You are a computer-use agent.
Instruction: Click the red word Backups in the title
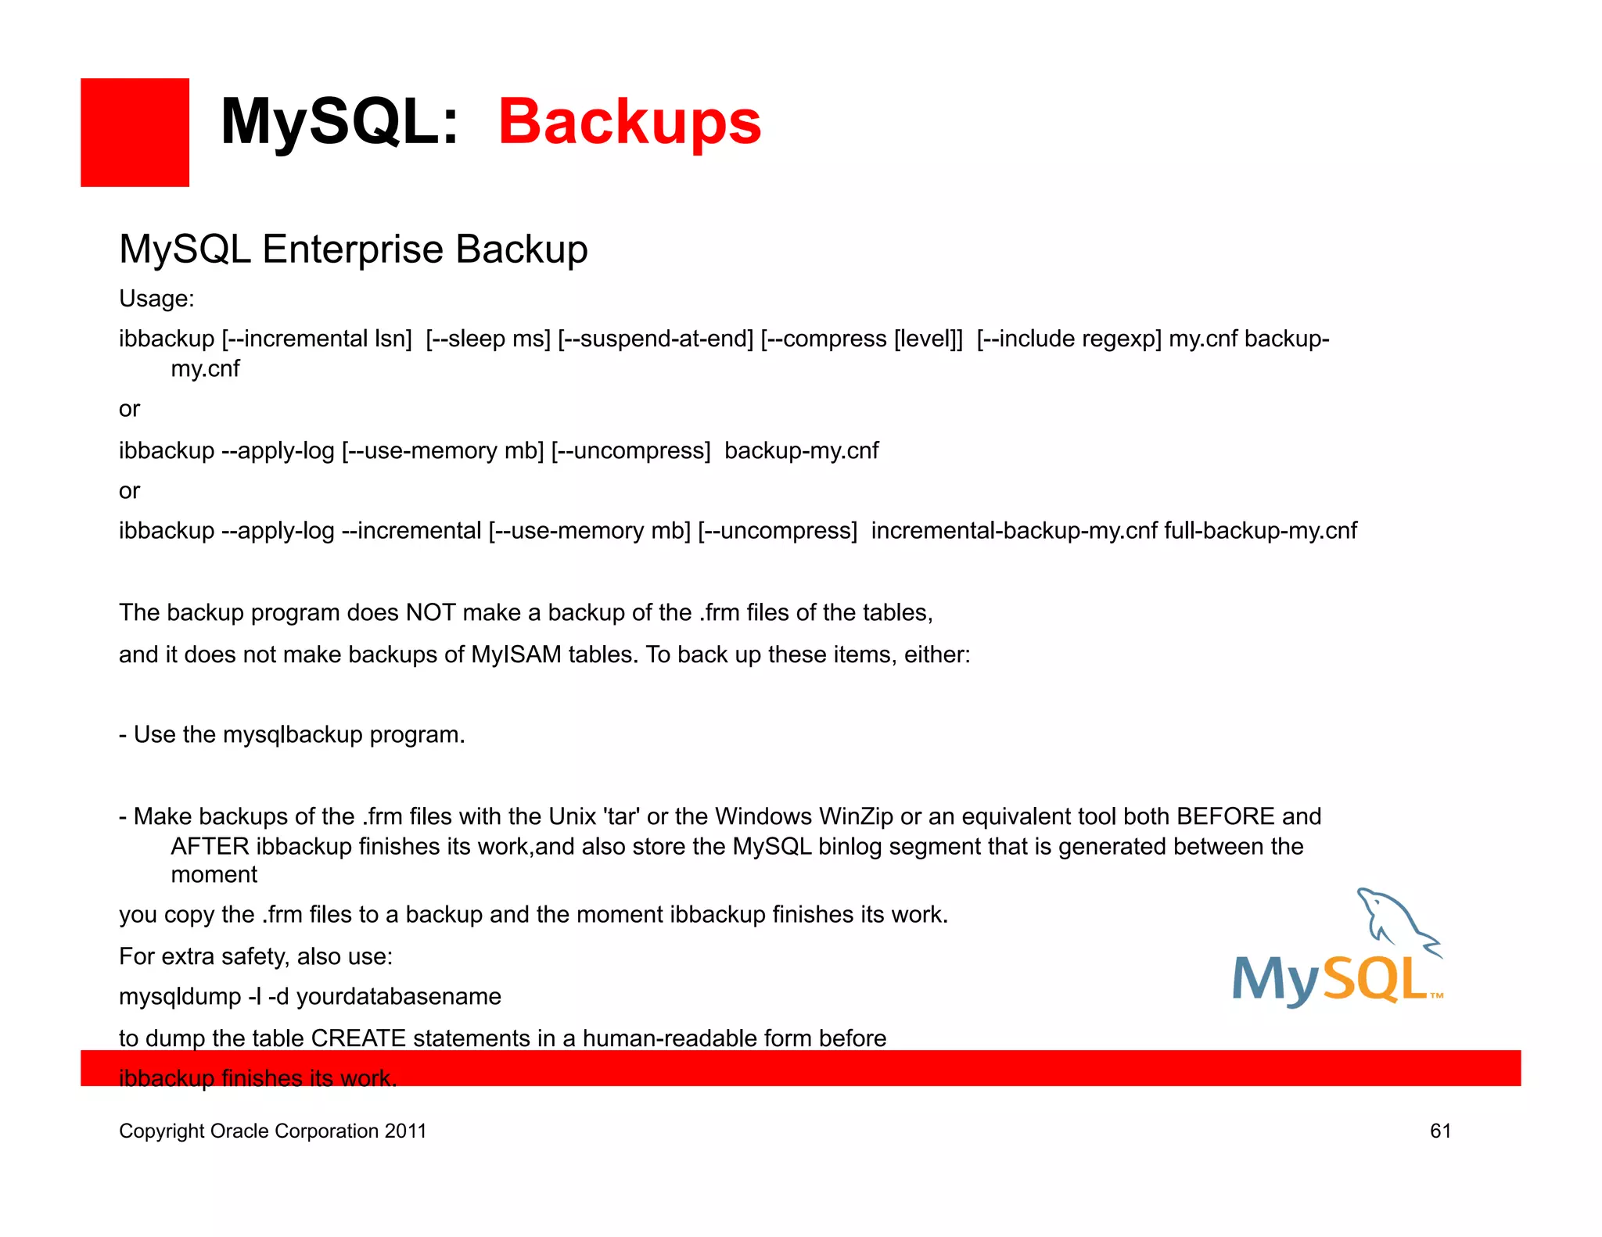point(629,122)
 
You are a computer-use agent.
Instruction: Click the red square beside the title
point(135,132)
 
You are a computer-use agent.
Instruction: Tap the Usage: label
point(156,299)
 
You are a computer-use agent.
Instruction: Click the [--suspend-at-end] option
point(656,339)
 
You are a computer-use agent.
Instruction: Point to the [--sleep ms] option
point(488,339)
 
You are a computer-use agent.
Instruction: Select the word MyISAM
point(516,654)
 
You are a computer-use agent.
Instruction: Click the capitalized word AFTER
point(210,846)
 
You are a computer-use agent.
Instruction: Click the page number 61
point(1440,1131)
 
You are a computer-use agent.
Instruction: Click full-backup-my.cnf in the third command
point(1260,531)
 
